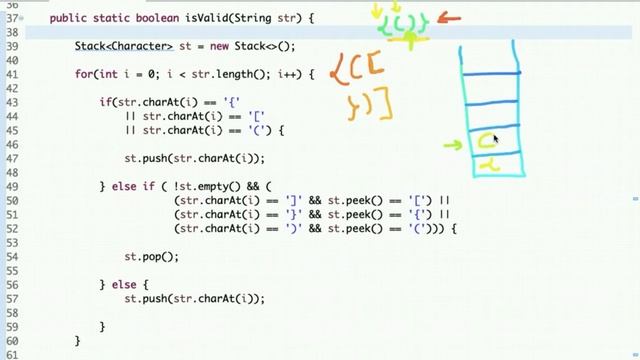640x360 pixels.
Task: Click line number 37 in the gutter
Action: point(12,18)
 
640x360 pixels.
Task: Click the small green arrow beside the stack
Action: point(452,146)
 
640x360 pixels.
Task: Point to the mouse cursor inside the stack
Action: point(495,139)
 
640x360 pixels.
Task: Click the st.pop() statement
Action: point(151,257)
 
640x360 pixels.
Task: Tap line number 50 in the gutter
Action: point(12,200)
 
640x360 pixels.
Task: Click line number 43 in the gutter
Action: point(12,103)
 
